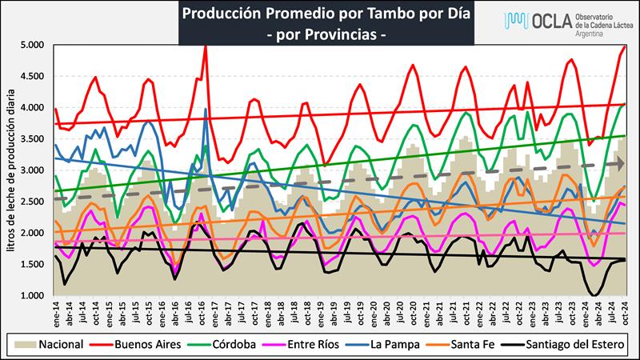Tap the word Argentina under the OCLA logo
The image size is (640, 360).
pyautogui.click(x=590, y=35)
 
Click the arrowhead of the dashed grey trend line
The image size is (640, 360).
pyautogui.click(x=621, y=164)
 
